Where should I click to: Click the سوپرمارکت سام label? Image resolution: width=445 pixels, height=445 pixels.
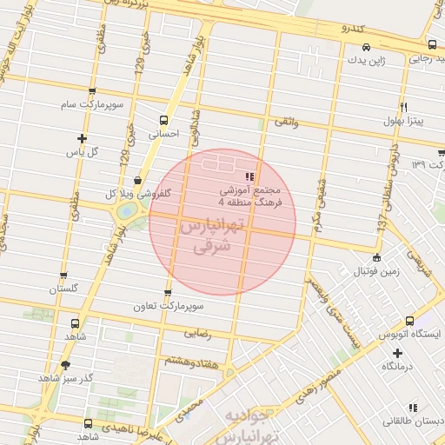tap(90, 104)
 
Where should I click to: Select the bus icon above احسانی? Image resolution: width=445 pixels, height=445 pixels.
tap(163, 121)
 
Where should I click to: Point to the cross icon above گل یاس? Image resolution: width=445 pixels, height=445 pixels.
tap(83, 138)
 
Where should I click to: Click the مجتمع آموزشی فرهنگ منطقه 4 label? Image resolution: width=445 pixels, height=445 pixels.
tap(250, 194)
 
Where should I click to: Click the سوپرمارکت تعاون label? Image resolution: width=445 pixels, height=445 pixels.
tap(168, 307)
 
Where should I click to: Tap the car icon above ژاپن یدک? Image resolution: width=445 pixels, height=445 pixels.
tap(366, 47)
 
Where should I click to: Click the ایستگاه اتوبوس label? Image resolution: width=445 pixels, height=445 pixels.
tap(410, 334)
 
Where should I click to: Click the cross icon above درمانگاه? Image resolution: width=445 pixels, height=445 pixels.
tap(398, 353)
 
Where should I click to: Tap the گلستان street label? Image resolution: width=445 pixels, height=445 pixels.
tap(63, 288)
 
